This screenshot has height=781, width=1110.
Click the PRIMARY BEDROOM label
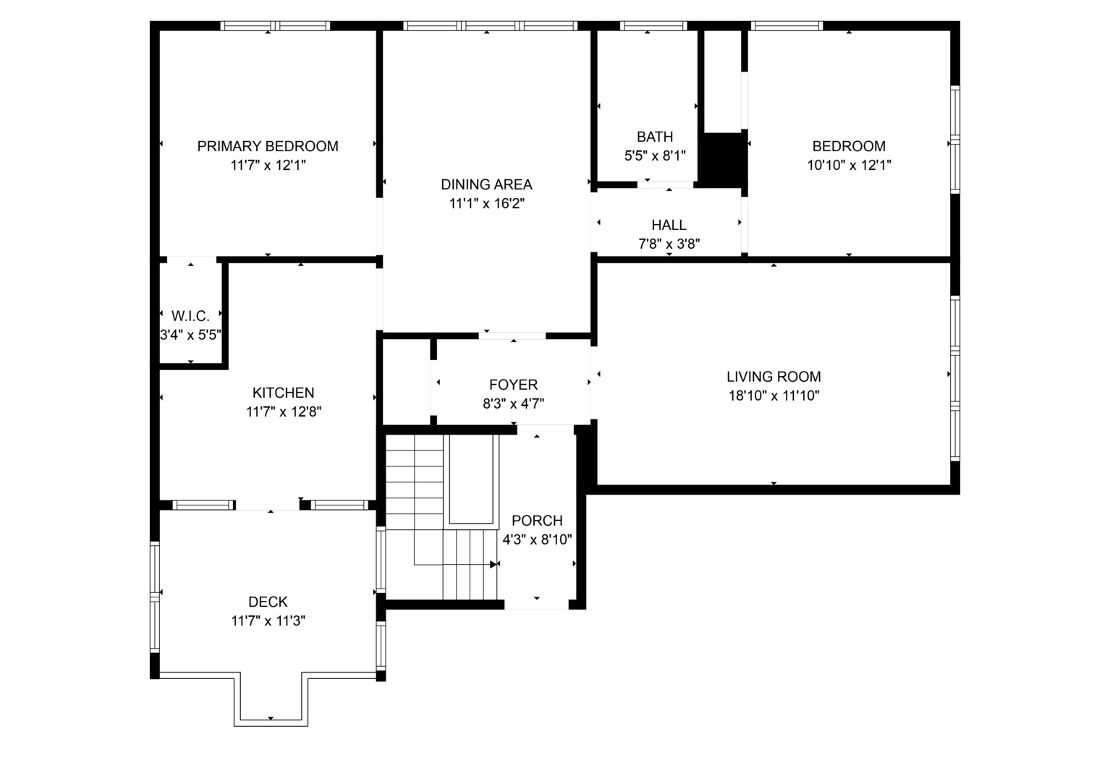point(268,146)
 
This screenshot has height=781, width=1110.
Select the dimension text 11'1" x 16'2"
point(486,204)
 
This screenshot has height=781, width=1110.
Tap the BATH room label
point(654,137)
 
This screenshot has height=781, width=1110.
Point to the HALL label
point(669,225)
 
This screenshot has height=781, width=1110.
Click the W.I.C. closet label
point(190,316)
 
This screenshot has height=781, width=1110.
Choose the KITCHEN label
point(283,393)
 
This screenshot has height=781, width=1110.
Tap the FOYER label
point(513,385)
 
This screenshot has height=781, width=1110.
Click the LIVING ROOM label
point(773,377)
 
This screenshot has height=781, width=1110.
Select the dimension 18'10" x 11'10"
point(773,396)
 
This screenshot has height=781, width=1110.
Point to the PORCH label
point(536,521)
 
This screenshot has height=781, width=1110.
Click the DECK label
point(268,602)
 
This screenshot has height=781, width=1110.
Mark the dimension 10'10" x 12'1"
point(848,165)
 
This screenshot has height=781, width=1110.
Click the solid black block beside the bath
point(722,158)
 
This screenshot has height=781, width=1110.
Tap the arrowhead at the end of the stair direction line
point(495,564)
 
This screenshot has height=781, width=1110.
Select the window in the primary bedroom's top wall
point(275,26)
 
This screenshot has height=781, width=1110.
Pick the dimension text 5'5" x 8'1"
point(654,155)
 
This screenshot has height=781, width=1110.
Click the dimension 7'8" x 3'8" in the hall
point(669,244)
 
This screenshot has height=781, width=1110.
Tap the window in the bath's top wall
point(653,26)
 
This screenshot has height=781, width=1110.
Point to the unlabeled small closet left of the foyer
point(405,382)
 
